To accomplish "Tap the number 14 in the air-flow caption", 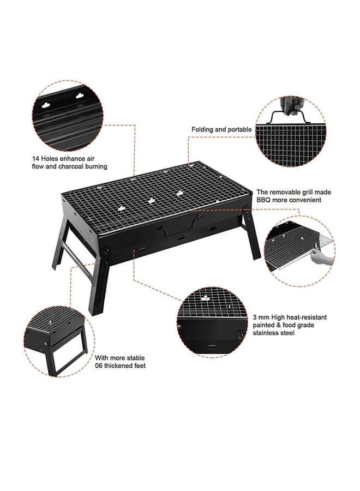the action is click(35, 158).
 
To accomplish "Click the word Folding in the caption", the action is click(202, 129).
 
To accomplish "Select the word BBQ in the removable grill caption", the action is click(263, 200).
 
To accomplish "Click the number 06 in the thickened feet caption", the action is click(99, 366).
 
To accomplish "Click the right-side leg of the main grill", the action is click(251, 233).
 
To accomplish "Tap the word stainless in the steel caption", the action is click(266, 333).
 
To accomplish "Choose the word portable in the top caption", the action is click(239, 130).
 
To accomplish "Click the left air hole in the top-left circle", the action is click(46, 105).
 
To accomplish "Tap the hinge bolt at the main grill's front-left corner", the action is click(106, 250).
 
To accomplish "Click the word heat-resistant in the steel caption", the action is click(307, 317).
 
